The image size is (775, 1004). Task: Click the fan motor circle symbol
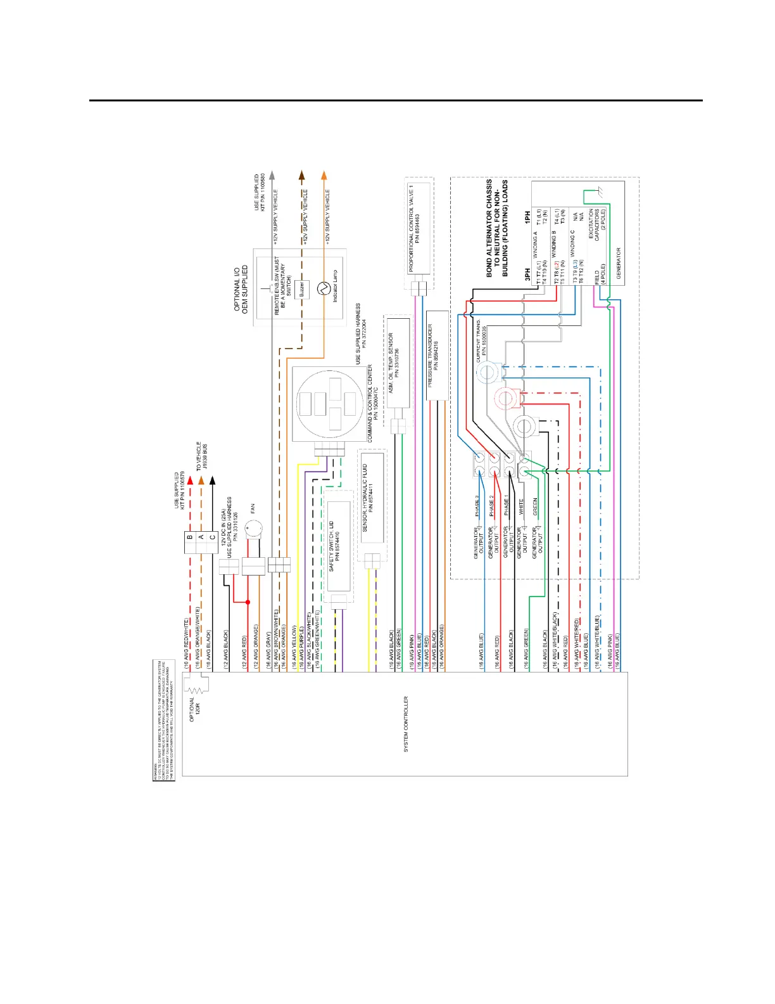[253, 527]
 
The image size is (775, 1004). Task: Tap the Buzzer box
[302, 289]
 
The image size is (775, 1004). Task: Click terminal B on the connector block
[189, 537]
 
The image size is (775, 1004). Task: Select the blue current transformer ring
[486, 373]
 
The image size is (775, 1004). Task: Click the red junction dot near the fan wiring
[248, 602]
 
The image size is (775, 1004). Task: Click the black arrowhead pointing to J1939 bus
[212, 480]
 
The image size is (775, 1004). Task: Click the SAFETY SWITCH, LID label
[334, 546]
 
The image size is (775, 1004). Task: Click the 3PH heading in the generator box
[527, 274]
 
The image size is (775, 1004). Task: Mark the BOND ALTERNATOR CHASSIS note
[497, 228]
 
